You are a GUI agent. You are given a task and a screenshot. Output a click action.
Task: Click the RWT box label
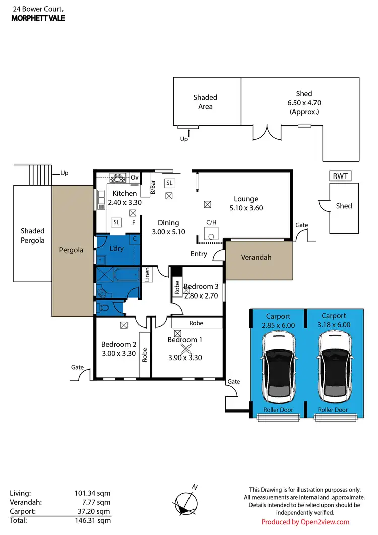[x=341, y=176]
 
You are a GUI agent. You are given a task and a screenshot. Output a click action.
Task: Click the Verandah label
[x=257, y=257]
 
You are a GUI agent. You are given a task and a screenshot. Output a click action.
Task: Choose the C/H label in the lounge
[x=211, y=222]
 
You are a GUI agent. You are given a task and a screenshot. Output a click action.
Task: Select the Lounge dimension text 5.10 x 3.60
[x=245, y=208]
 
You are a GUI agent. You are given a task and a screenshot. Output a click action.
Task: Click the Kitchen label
[x=124, y=193]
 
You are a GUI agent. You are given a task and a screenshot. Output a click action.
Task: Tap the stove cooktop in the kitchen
[x=120, y=177]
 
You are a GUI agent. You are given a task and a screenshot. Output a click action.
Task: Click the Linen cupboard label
[x=148, y=275]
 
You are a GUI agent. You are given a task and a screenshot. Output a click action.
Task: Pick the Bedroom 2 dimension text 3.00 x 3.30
[x=118, y=353]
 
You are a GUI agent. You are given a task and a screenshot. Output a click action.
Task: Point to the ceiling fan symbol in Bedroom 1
[x=186, y=349]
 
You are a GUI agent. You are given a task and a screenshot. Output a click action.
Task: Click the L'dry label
[x=117, y=249]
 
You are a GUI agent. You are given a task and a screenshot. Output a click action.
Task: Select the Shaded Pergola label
[x=32, y=235]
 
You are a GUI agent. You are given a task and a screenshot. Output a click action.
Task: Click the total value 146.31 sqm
[x=90, y=520]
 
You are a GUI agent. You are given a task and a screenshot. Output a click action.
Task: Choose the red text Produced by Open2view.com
[x=305, y=522]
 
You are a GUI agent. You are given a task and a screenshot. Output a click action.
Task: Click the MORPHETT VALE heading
[x=37, y=18]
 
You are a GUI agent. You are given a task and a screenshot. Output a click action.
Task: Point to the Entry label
[x=199, y=254]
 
